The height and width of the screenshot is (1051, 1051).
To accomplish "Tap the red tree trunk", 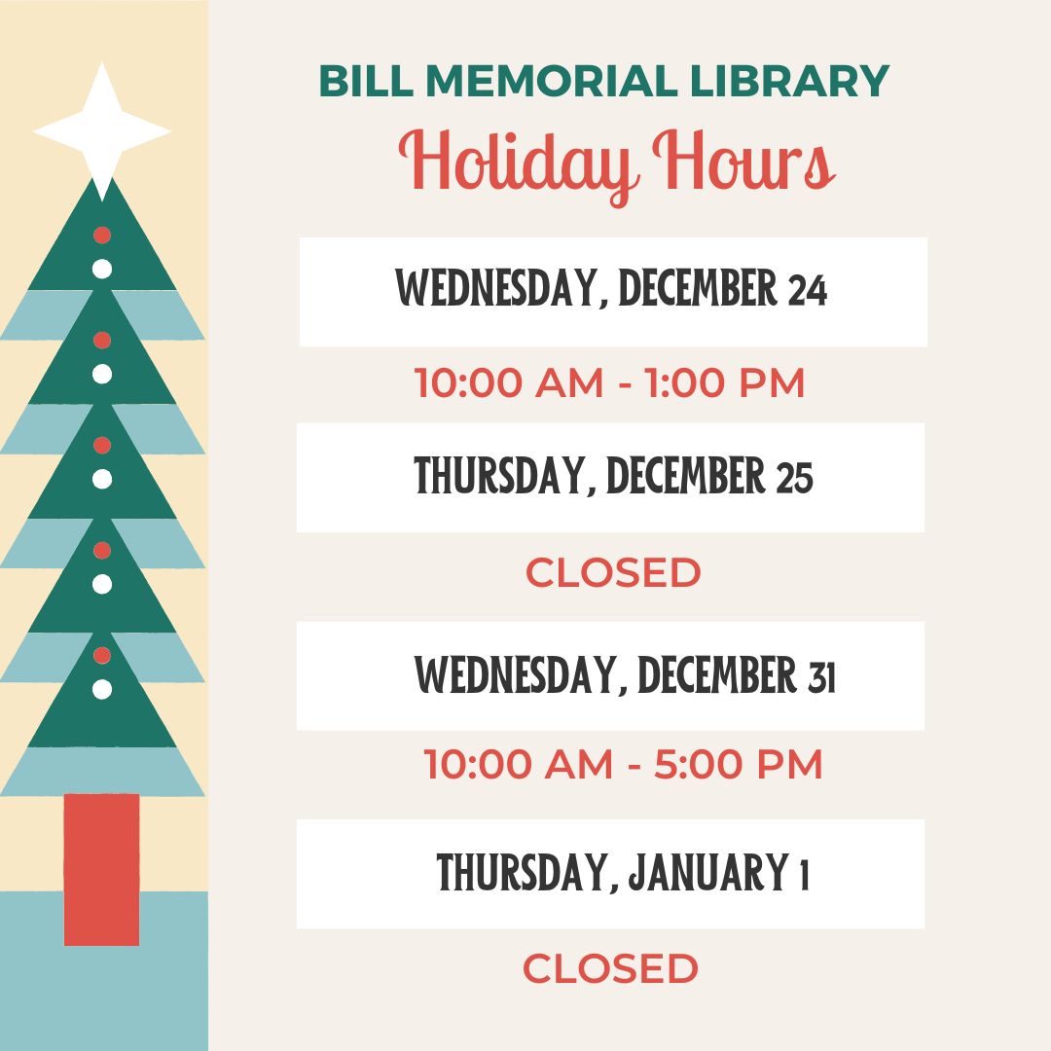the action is point(102,869).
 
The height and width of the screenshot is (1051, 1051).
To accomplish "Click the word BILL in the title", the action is point(366,81).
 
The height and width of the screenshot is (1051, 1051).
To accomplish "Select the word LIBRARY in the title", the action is point(789,81).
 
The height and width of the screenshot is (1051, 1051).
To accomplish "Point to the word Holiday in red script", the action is point(515,164).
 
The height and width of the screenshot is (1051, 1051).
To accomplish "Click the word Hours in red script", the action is point(744,160).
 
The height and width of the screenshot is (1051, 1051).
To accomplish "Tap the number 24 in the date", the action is point(808,290).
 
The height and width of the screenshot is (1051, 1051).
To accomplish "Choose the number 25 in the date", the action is point(795,477).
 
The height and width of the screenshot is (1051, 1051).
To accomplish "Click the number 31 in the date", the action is point(821,675).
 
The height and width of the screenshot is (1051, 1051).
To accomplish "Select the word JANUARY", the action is point(707,873).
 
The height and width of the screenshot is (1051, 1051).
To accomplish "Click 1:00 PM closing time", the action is point(725,383).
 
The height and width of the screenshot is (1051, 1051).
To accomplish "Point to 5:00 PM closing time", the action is point(738,764).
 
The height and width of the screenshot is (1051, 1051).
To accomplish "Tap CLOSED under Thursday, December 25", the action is point(613,573).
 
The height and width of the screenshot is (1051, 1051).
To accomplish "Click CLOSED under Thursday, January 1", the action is point(610,968).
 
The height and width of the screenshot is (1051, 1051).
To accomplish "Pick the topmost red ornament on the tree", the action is point(102,235).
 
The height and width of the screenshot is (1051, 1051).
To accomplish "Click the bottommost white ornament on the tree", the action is point(102,689).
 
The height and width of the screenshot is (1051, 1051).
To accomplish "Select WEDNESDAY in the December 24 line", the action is point(496,288).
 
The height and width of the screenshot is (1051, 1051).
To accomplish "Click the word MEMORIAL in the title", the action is point(552,81).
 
